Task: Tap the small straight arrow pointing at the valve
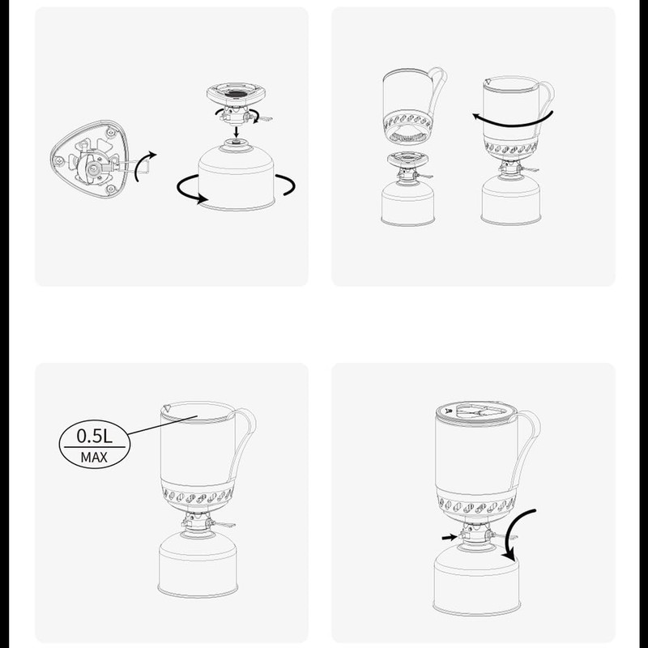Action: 448,536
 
